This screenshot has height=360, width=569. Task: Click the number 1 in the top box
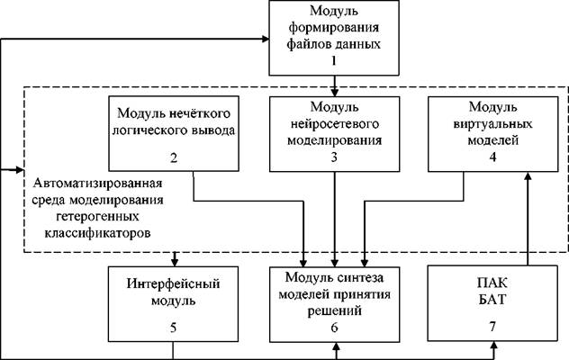click(333, 60)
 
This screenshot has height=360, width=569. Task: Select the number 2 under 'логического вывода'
click(174, 158)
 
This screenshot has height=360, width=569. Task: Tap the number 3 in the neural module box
click(334, 157)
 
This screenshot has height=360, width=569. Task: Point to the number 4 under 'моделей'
click(492, 157)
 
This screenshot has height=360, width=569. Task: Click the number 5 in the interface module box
click(174, 328)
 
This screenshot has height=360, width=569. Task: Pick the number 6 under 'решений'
click(334, 327)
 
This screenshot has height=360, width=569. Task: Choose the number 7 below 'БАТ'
click(492, 327)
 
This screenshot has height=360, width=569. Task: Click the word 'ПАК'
click(492, 283)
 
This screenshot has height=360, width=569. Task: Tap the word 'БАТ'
click(492, 300)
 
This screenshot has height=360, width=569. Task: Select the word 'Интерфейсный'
click(174, 283)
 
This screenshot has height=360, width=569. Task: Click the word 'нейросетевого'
click(335, 124)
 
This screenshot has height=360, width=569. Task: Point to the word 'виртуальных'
click(492, 124)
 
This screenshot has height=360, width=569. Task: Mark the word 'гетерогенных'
click(97, 217)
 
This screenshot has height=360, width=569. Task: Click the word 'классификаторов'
click(97, 233)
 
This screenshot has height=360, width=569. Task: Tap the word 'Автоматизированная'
click(97, 183)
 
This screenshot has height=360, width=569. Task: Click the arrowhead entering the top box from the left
click(266, 39)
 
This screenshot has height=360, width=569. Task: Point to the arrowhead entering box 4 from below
click(528, 175)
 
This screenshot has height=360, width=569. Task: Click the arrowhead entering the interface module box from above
click(175, 263)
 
